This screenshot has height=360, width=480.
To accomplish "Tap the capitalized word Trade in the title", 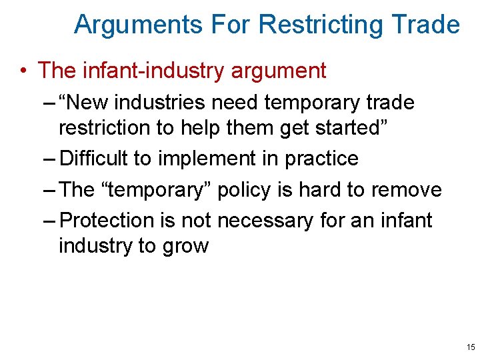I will [x=427, y=25].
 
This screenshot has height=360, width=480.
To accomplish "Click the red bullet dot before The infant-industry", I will [x=23, y=71].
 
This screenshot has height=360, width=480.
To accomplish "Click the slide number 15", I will [x=471, y=347].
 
